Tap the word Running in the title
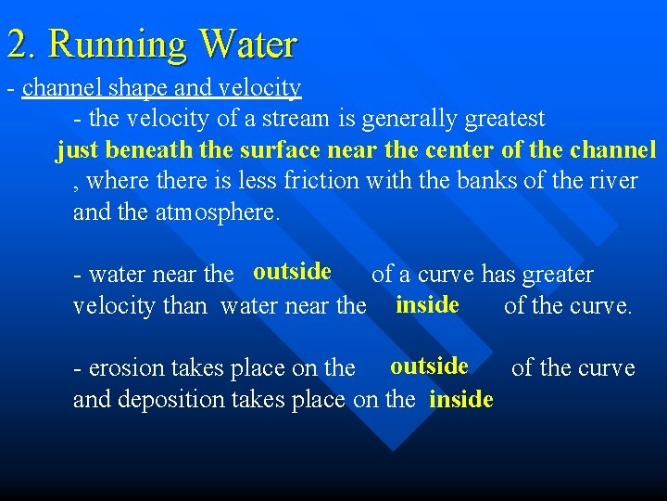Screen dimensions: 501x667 pos(120,45)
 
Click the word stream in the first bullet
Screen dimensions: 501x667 pos(299,119)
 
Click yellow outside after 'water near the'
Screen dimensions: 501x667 pos(292,271)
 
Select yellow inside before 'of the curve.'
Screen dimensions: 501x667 pos(427,304)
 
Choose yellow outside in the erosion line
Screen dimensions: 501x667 pos(429,366)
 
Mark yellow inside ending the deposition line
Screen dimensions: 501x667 pos(461,400)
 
